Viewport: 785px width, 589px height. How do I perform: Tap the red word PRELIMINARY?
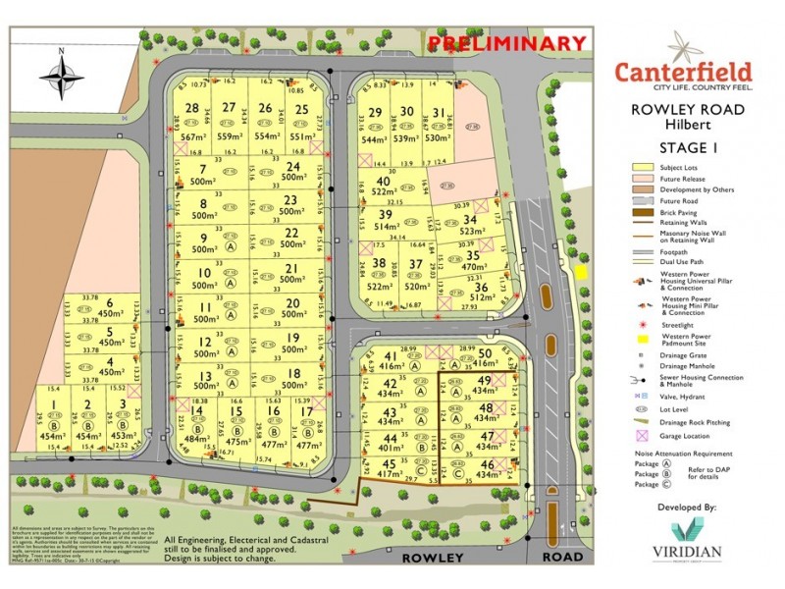click(x=508, y=42)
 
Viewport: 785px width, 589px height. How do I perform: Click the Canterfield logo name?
click(x=684, y=72)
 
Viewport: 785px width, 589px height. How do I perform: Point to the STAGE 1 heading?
click(x=689, y=149)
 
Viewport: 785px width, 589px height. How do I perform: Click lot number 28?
click(x=191, y=108)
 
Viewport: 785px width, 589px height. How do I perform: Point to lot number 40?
click(x=384, y=182)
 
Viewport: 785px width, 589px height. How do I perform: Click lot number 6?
click(x=110, y=302)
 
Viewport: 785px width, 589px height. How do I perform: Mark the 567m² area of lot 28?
click(x=191, y=137)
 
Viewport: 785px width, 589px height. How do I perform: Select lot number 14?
click(x=196, y=411)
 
